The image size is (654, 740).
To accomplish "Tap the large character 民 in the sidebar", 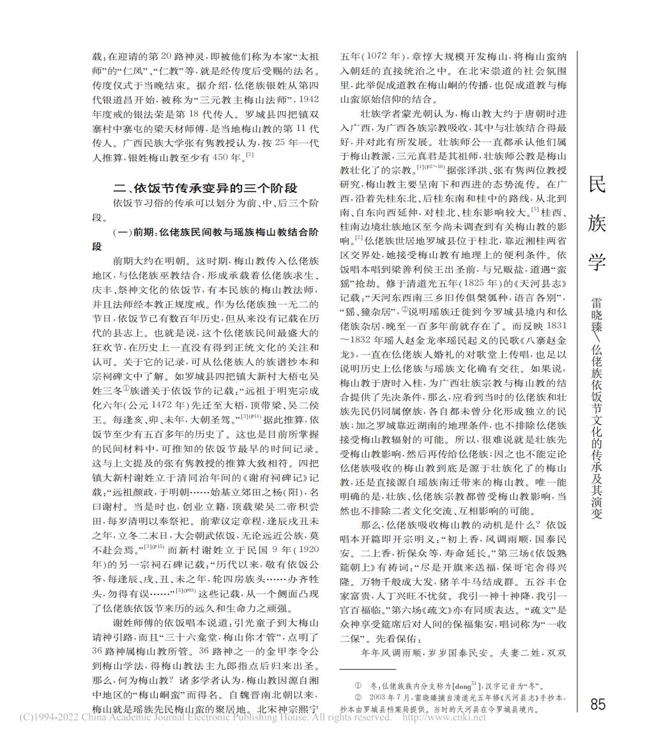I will pos(598,185).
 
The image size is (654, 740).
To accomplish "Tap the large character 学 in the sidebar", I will pos(598,263).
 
